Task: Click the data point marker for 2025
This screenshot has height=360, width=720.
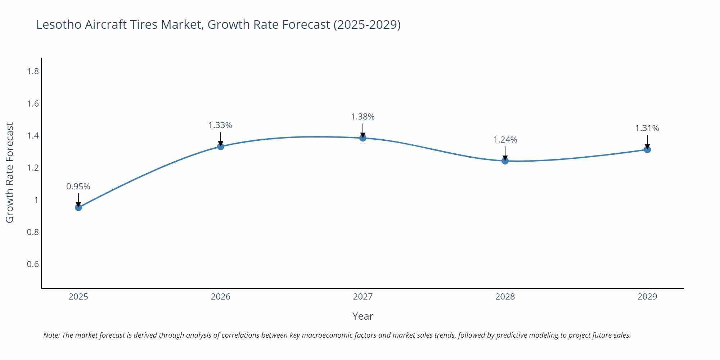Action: point(78,207)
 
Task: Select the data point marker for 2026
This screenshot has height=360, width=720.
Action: point(221,147)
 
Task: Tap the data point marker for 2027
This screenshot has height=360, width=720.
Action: point(363,138)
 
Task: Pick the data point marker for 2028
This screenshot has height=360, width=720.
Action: point(505,161)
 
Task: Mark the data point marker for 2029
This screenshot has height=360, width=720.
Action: point(647,149)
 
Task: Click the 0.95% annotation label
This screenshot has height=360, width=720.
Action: point(78,186)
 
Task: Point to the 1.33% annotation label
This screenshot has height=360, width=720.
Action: point(220,125)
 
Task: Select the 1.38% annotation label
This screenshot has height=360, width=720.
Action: point(363,117)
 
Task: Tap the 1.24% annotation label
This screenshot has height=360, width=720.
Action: point(505,140)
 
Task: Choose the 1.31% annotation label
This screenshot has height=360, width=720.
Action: point(647,128)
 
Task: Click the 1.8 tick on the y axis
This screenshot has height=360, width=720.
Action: point(33,71)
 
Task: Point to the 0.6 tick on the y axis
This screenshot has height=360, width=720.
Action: point(33,264)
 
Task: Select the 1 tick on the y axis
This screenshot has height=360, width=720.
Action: point(36,200)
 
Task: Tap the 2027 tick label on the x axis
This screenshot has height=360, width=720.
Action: point(363,297)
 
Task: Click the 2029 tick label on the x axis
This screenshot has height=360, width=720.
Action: point(647,297)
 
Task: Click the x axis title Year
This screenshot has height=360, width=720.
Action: point(363,316)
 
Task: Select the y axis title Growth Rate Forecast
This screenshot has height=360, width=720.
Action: point(10,173)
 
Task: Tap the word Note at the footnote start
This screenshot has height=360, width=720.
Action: point(51,335)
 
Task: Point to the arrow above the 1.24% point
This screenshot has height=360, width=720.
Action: point(505,153)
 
